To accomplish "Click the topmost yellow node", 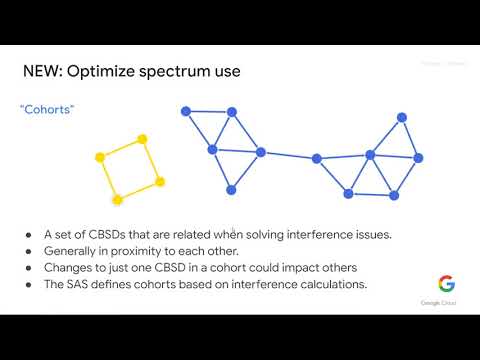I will [x=142, y=139].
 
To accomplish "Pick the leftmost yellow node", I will [x=100, y=157].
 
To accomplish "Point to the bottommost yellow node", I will [x=118, y=198].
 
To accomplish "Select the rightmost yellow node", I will [x=160, y=181].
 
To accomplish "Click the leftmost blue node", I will [x=185, y=110].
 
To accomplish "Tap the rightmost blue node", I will [x=419, y=157].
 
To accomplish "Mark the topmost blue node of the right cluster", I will [x=402, y=117].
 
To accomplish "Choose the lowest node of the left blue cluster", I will [x=231, y=189].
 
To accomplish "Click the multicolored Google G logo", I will [x=446, y=284].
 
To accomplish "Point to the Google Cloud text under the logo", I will [x=446, y=302].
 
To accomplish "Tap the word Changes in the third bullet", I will [x=69, y=268].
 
